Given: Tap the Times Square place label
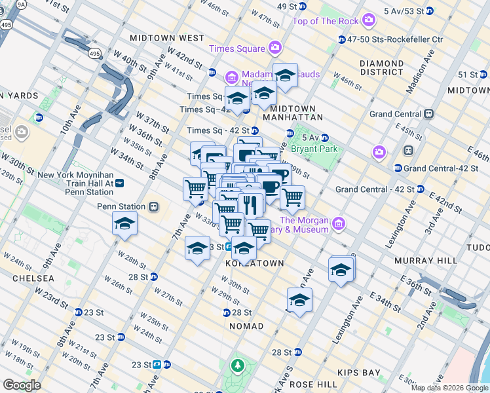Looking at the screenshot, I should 237,49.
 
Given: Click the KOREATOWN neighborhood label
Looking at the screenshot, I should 255,263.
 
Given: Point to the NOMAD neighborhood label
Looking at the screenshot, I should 246,326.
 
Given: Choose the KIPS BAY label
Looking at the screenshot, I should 358,373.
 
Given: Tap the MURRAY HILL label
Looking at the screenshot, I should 426,261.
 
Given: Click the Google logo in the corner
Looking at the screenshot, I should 22,385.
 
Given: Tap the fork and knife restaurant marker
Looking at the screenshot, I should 250,205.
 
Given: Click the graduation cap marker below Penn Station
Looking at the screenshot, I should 124,225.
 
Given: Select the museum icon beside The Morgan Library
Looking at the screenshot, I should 339,225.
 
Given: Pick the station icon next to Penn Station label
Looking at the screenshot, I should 154,206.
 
